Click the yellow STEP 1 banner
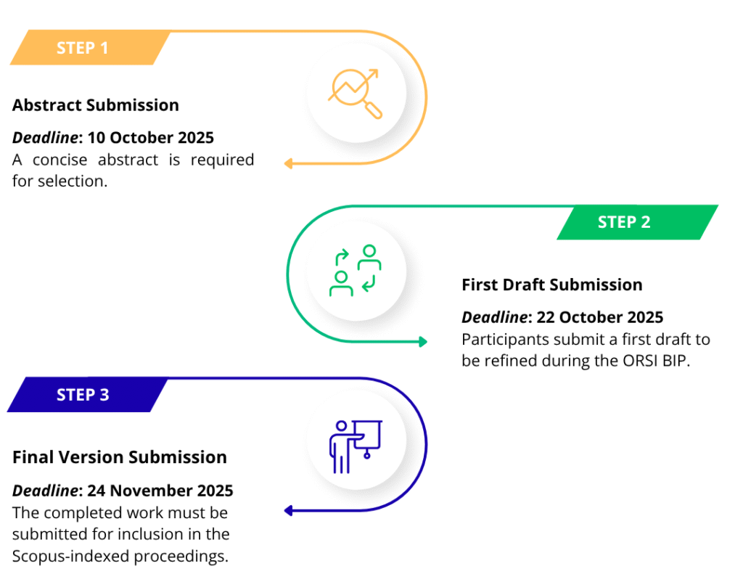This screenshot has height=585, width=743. point(87,48)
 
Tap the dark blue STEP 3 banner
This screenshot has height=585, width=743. point(86,395)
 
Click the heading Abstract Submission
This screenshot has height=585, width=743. point(96,105)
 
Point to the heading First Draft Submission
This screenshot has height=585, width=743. point(551,285)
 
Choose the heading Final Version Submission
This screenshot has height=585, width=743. point(120,457)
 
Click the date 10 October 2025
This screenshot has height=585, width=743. point(150,138)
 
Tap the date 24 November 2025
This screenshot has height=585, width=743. point(160,491)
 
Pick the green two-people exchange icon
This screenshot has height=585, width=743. point(355,271)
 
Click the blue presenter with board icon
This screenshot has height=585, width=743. point(355,445)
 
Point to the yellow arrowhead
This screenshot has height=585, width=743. point(288,164)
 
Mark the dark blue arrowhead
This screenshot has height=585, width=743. point(288,511)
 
